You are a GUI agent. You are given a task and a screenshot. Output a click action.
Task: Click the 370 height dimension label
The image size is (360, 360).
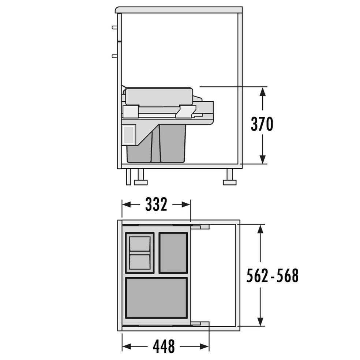[x=262, y=124]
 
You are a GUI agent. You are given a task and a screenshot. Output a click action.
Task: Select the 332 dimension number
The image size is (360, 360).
[x=156, y=205]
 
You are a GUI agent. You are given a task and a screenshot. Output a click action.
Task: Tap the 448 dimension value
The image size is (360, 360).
[x=164, y=346]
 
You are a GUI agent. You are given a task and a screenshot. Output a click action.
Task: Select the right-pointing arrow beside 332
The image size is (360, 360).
[x=181, y=205]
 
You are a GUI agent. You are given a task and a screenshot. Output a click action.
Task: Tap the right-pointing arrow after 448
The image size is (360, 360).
[x=195, y=346]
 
